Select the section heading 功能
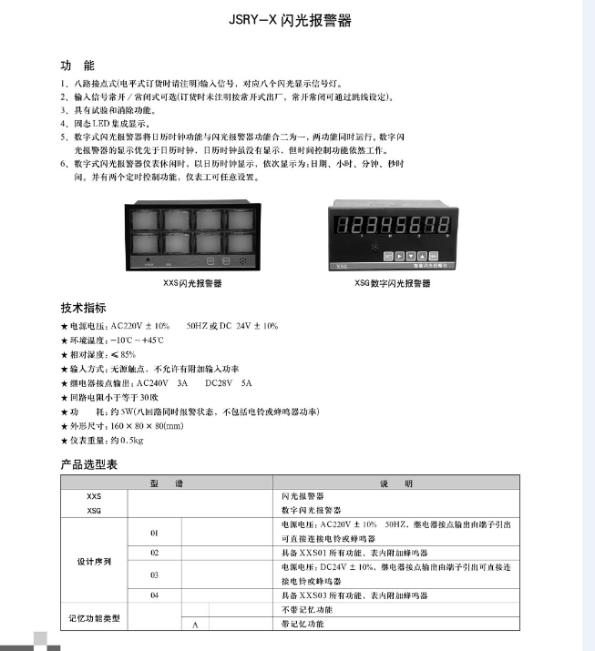click(77, 66)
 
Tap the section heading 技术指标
click(83, 308)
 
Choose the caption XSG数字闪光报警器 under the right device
click(392, 283)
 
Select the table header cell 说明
click(396, 483)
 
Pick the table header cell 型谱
click(167, 483)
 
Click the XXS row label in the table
click(94, 497)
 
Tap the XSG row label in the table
click(94, 511)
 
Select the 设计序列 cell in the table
click(94, 560)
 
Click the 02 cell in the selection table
click(154, 553)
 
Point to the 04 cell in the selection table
click(154, 595)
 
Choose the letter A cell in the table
click(194, 625)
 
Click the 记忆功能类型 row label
click(94, 617)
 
